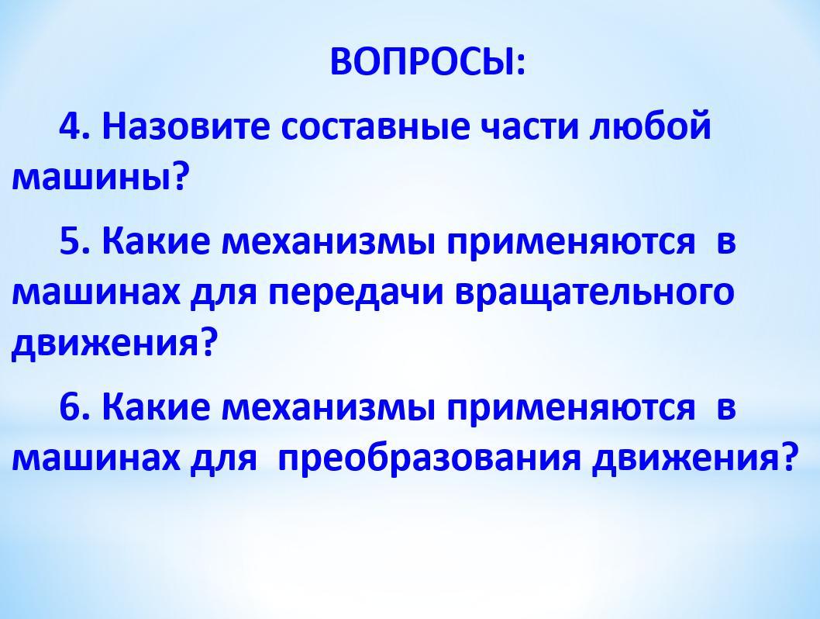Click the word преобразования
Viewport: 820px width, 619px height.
429,458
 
